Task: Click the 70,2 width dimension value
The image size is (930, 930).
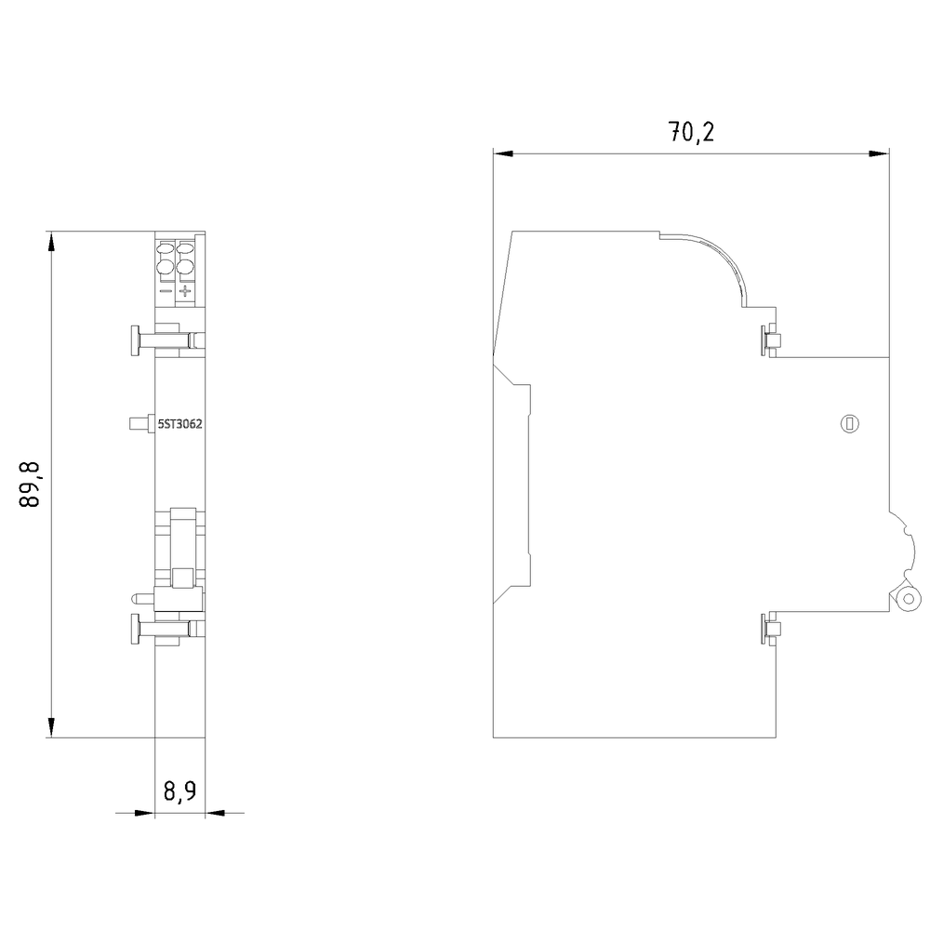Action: pyautogui.click(x=691, y=132)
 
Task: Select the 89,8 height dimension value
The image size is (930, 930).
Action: pyautogui.click(x=30, y=484)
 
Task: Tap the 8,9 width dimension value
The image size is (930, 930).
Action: pyautogui.click(x=179, y=791)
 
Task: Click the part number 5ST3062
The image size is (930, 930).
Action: pyautogui.click(x=179, y=424)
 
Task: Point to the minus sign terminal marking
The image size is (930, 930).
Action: pyautogui.click(x=166, y=290)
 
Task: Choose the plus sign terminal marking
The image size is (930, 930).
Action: pyautogui.click(x=186, y=290)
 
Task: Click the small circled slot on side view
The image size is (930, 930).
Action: pyautogui.click(x=850, y=423)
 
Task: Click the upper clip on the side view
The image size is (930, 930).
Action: pyautogui.click(x=770, y=340)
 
